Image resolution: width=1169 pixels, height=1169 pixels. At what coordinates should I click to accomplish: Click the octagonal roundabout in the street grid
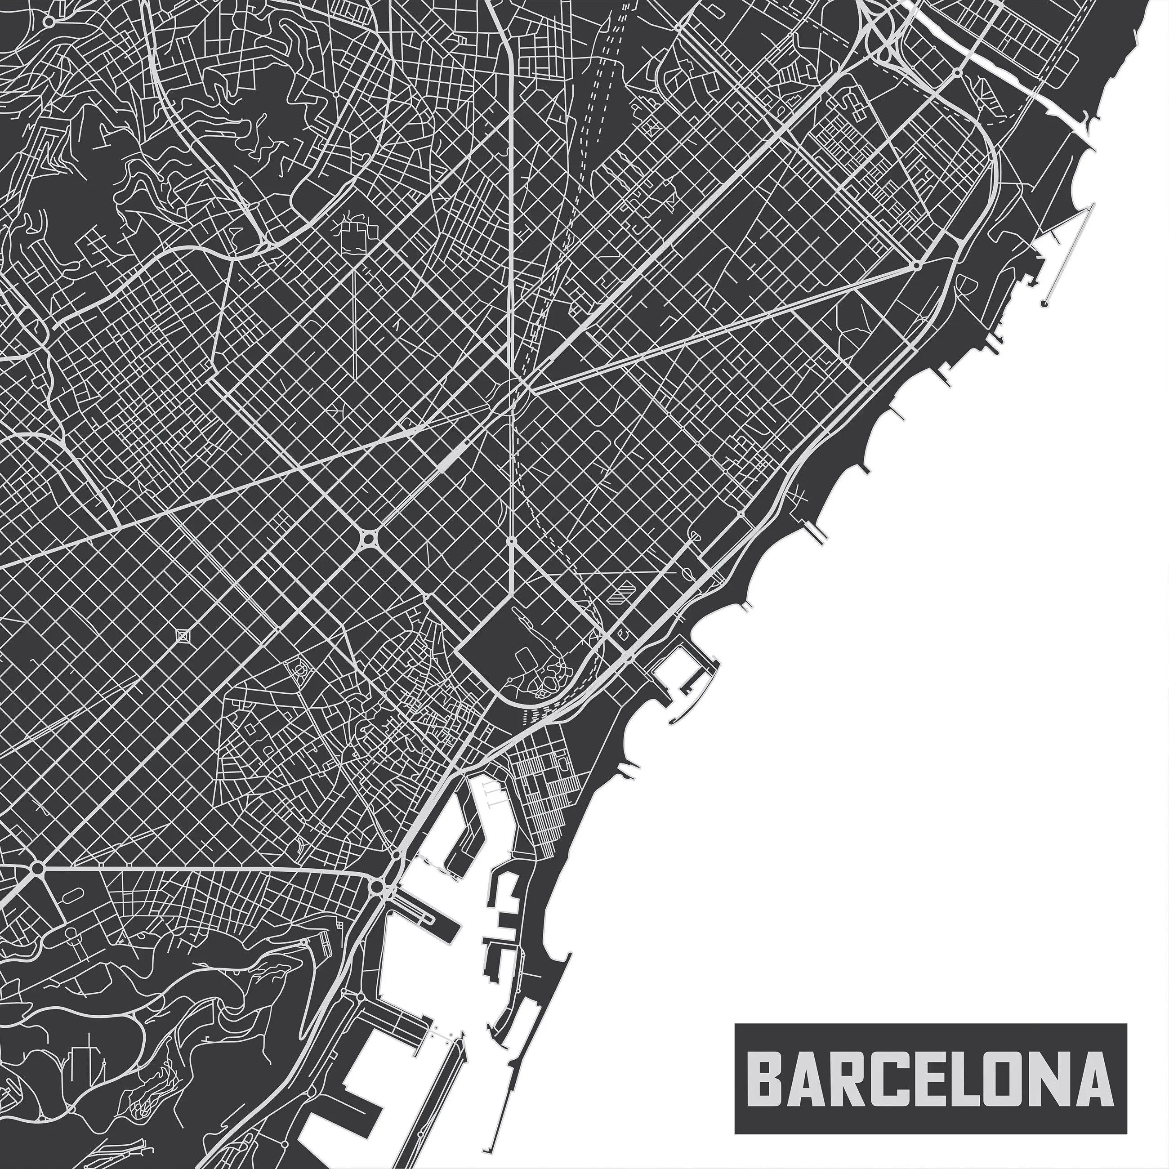click(x=368, y=537)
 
